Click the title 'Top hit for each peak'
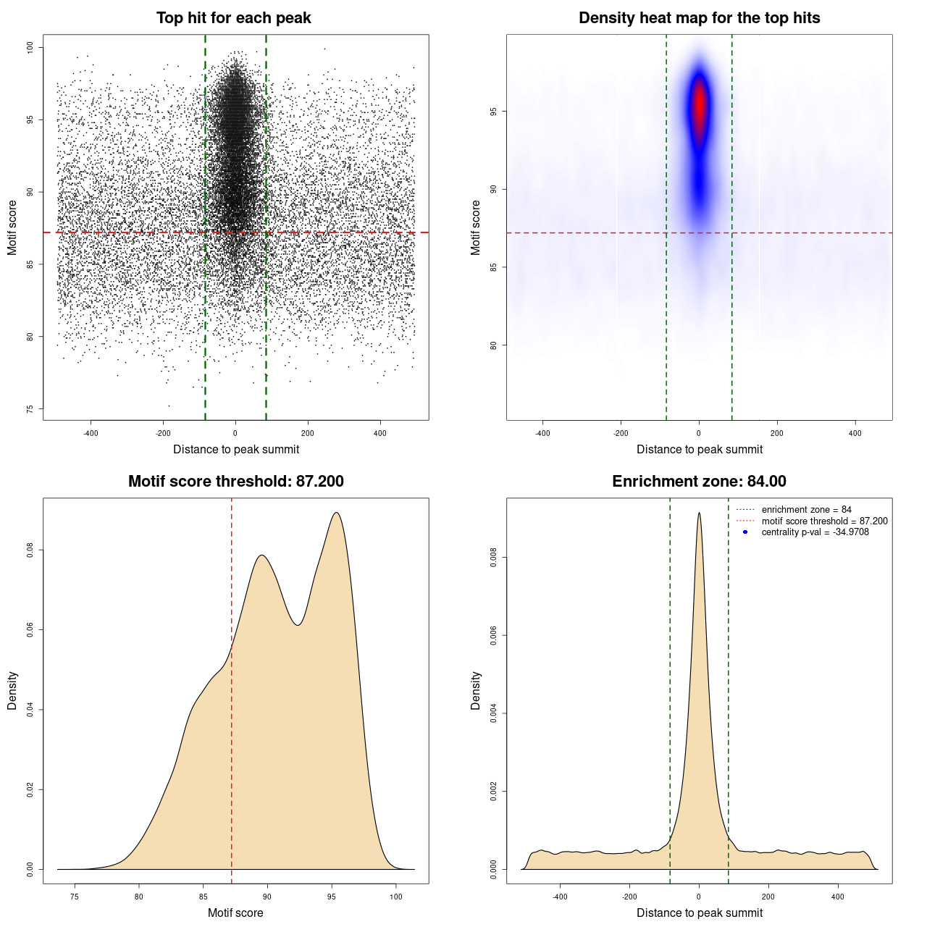tap(233, 18)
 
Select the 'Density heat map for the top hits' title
tap(699, 18)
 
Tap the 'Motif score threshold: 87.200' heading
tap(235, 482)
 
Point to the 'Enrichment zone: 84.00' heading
tap(699, 482)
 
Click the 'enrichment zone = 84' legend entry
tap(806, 510)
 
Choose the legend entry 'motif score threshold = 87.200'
tap(824, 521)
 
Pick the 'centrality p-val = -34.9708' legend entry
tap(815, 532)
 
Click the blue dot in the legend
tap(745, 532)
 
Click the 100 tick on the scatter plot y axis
tap(30, 48)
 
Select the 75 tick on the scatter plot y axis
tap(30, 409)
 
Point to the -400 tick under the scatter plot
tap(91, 433)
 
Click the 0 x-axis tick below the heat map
tap(699, 433)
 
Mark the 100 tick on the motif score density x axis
tap(395, 897)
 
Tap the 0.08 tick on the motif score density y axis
tap(30, 550)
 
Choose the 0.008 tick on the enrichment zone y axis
tap(493, 558)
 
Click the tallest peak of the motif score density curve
tap(336, 513)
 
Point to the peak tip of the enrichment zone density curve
tap(699, 513)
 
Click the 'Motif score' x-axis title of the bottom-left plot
tap(235, 913)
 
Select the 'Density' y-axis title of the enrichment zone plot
tap(476, 690)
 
